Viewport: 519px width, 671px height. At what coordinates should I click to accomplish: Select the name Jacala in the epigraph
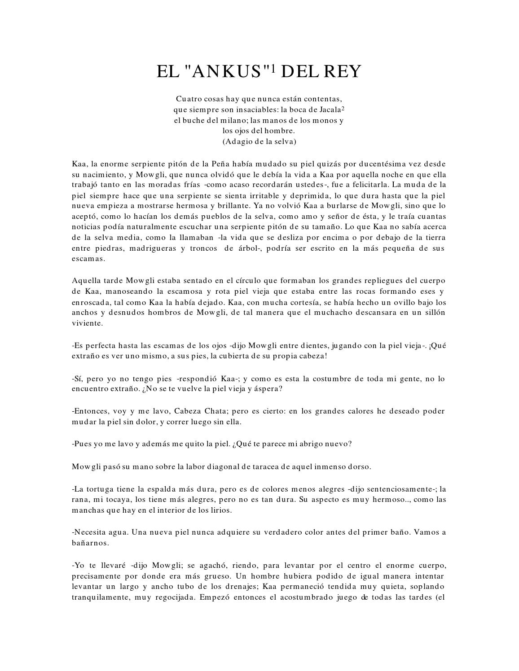pyautogui.click(x=330, y=109)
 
